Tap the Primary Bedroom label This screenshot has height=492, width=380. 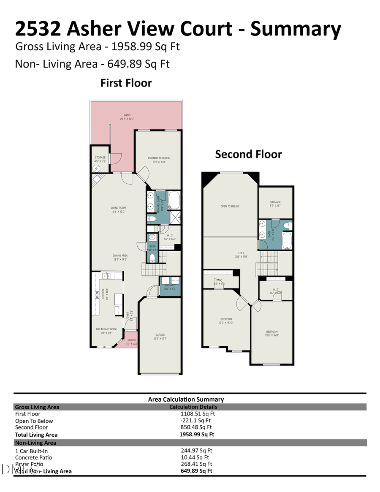click(x=159, y=160)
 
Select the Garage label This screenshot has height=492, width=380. click(x=160, y=337)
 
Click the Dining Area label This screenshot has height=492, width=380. click(x=120, y=257)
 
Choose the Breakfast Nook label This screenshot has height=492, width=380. click(x=103, y=331)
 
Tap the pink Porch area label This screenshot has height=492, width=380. click(x=132, y=342)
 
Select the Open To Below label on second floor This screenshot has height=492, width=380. click(x=230, y=207)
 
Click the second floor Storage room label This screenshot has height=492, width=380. click(x=275, y=204)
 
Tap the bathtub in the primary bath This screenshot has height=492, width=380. click(x=174, y=201)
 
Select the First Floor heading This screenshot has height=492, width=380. click(x=126, y=83)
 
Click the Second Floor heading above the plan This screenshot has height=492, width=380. click(x=248, y=154)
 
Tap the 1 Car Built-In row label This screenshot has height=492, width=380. click(x=31, y=451)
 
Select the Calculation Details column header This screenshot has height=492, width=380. click(x=193, y=407)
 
